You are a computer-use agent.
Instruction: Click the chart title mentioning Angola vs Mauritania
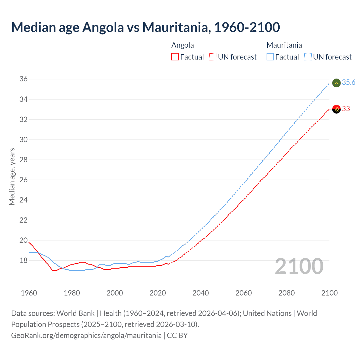click(x=145, y=27)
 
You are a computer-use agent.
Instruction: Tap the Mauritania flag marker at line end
click(x=336, y=83)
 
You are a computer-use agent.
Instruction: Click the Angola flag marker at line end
click(x=336, y=109)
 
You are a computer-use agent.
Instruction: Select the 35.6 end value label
click(x=349, y=82)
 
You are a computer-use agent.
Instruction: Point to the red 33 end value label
click(x=346, y=109)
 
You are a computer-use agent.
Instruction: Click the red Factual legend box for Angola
click(x=175, y=57)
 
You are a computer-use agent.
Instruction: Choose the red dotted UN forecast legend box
click(x=213, y=57)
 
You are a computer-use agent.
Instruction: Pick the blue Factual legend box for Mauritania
click(x=270, y=57)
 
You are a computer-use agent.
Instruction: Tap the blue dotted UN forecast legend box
click(x=308, y=57)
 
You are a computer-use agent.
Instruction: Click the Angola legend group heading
click(x=183, y=45)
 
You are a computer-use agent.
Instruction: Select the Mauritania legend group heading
click(x=284, y=45)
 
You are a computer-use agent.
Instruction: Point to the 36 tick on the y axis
click(x=24, y=79)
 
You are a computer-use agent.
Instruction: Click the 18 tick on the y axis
click(x=24, y=260)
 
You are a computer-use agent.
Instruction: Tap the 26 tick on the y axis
click(x=24, y=180)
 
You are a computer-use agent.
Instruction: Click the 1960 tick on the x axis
click(x=29, y=293)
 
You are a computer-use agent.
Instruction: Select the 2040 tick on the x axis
click(x=201, y=293)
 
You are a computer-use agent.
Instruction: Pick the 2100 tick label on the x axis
click(x=329, y=293)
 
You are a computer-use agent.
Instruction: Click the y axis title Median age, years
click(x=12, y=176)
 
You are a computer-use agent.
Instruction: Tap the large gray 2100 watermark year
click(x=299, y=266)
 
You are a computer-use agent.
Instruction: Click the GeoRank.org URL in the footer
click(x=86, y=335)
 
